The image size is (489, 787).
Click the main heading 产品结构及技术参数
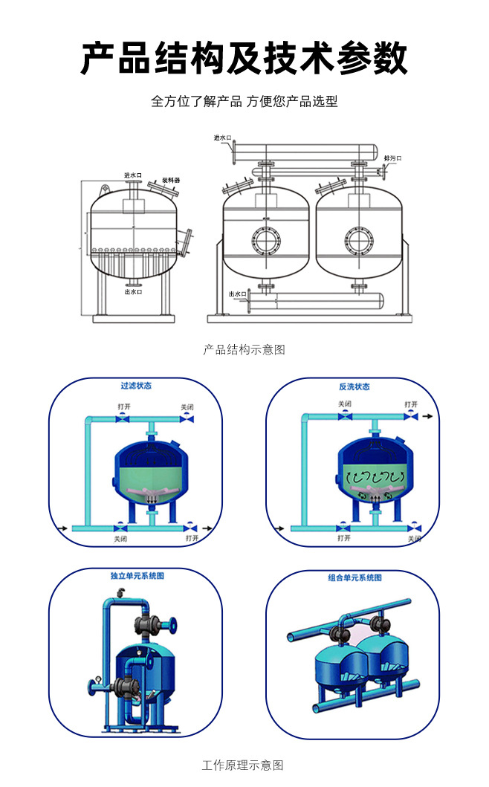pyautogui.click(x=244, y=58)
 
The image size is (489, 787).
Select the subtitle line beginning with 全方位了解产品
pyautogui.click(x=244, y=101)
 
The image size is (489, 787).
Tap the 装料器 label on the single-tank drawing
pyautogui.click(x=171, y=181)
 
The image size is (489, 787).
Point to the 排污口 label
pyautogui.click(x=392, y=158)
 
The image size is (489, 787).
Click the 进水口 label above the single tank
pyautogui.click(x=132, y=175)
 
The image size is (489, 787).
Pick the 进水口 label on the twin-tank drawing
pyautogui.click(x=222, y=137)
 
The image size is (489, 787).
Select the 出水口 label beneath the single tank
pyautogui.click(x=133, y=292)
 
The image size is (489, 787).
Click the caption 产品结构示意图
pyautogui.click(x=244, y=349)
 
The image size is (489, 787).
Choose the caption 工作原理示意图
pyautogui.click(x=243, y=765)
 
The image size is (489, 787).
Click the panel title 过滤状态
pyautogui.click(x=136, y=386)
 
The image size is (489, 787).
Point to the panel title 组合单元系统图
pyautogui.click(x=354, y=577)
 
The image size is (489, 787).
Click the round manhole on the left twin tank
pyautogui.click(x=265, y=239)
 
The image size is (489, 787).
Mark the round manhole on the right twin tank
pyautogui.click(x=357, y=239)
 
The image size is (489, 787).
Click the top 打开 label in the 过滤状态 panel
pyautogui.click(x=124, y=407)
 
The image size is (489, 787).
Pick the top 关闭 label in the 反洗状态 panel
pyautogui.click(x=344, y=404)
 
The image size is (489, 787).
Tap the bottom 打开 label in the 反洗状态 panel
pyautogui.click(x=343, y=537)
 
